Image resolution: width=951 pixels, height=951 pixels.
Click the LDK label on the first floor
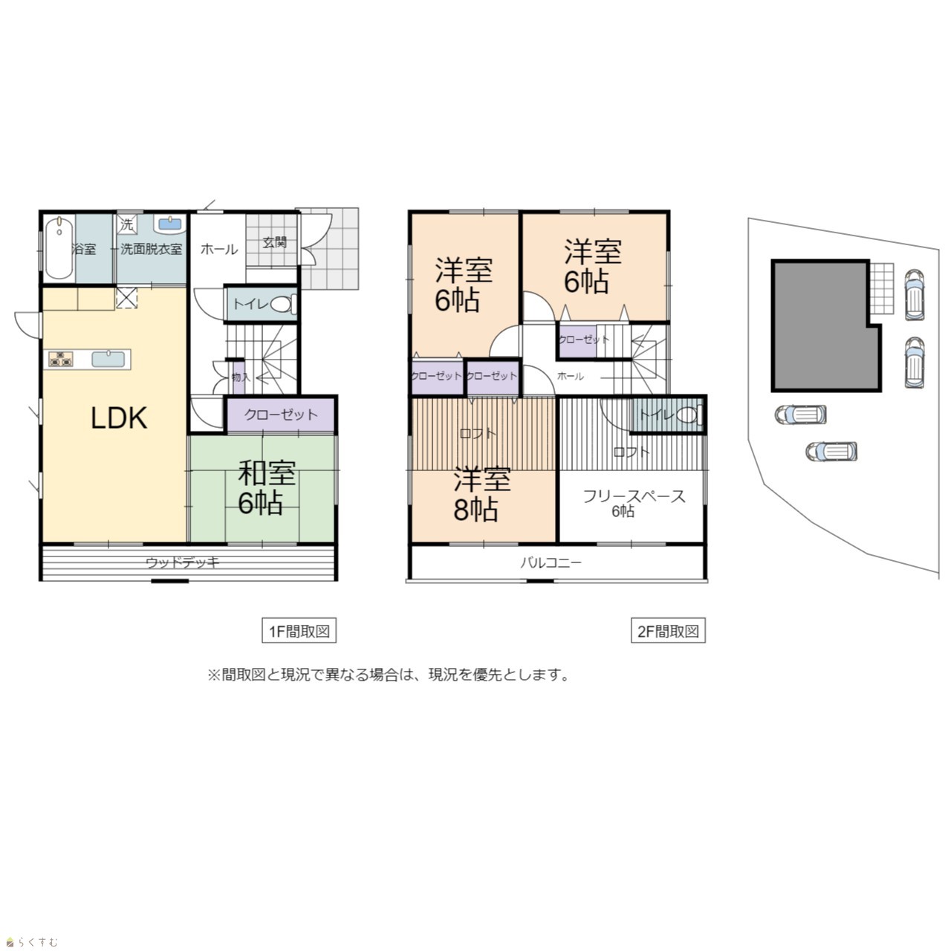pyautogui.click(x=119, y=418)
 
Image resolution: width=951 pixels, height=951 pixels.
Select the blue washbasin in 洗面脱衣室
pyautogui.click(x=170, y=224)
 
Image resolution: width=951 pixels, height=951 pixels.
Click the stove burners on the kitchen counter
pyautogui.click(x=61, y=358)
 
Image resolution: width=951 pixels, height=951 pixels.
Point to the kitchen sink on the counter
pyautogui.click(x=108, y=358)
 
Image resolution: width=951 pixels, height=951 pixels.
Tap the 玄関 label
pyautogui.click(x=274, y=242)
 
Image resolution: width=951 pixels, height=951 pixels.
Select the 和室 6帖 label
pyautogui.click(x=267, y=487)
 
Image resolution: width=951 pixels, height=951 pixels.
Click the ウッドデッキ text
pyautogui.click(x=182, y=562)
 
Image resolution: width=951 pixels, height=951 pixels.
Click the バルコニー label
pyautogui.click(x=551, y=562)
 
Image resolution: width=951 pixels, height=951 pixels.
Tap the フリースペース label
pyautogui.click(x=634, y=496)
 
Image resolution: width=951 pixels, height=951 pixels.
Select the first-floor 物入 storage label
pyautogui.click(x=241, y=377)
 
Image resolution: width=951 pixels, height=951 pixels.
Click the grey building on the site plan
pyautogui.click(x=825, y=325)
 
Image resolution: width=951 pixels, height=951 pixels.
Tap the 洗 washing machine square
pyautogui.click(x=127, y=225)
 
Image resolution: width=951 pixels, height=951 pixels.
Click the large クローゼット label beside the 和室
pyautogui.click(x=281, y=415)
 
